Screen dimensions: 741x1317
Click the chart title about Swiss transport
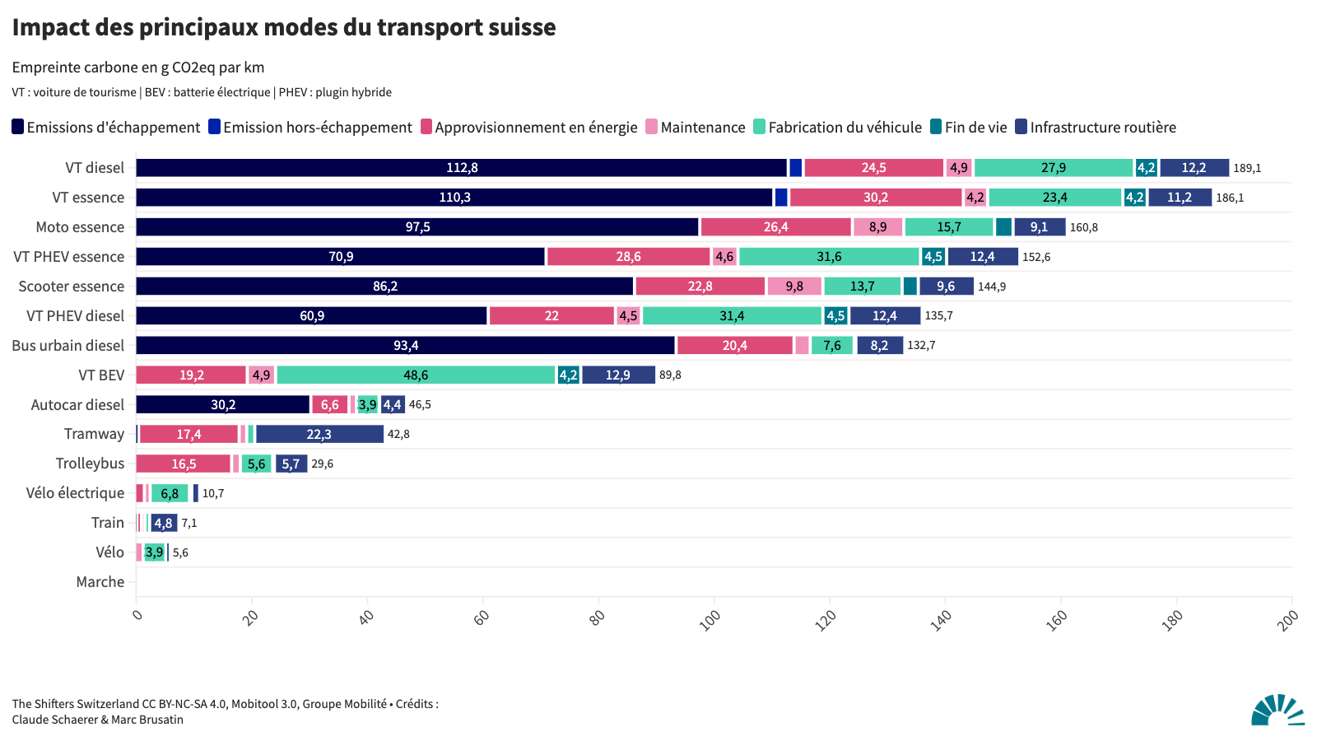284,27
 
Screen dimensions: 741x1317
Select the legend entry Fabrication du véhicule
838,128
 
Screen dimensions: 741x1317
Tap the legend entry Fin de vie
969,128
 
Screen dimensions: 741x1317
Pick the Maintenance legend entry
696,128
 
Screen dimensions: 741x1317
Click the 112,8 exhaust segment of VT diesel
461,168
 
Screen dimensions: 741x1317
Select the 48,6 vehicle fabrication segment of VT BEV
416,375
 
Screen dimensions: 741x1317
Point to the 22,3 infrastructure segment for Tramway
319,435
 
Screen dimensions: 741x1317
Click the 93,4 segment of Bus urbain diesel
405,346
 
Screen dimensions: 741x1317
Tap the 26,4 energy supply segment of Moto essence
775,227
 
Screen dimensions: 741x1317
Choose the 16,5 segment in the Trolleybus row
184,464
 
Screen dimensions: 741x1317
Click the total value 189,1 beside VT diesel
1247,168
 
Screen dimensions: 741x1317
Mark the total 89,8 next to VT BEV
670,375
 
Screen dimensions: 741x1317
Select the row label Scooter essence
72,287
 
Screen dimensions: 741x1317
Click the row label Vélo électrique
75,493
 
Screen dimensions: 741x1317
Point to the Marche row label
100,582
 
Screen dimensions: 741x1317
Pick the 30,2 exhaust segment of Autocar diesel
223,405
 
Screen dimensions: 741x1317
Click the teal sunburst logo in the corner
1277,710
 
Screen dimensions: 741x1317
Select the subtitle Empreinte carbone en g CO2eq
138,68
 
